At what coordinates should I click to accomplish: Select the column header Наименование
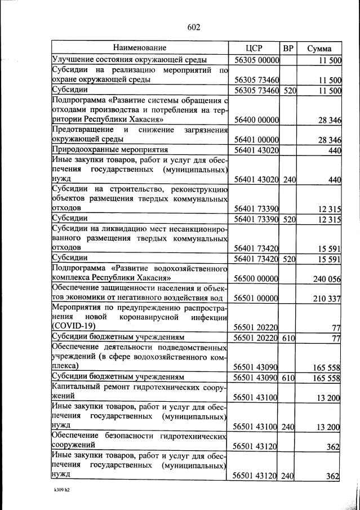tap(140, 48)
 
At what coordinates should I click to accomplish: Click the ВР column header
tap(288, 48)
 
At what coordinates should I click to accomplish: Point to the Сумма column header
tap(319, 48)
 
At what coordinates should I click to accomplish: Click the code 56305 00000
tap(257, 60)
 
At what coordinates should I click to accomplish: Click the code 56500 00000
tap(257, 278)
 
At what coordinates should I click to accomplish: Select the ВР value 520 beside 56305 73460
tap(290, 90)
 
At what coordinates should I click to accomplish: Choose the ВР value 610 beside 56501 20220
tap(290, 338)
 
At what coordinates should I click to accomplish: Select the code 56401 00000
tap(257, 140)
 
